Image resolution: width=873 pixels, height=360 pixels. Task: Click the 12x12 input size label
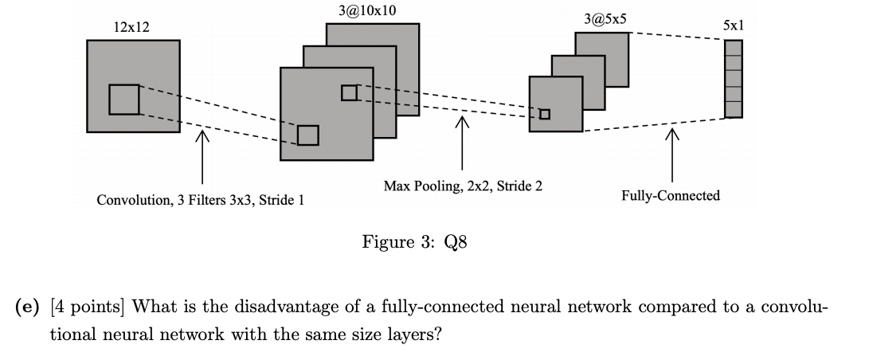click(x=131, y=27)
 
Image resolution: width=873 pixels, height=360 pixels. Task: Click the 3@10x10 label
click(x=367, y=10)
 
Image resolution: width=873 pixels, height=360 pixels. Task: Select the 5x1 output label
click(x=733, y=25)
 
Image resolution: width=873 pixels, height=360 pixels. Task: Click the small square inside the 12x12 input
click(x=123, y=100)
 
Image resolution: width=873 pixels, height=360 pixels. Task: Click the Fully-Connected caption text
click(x=671, y=195)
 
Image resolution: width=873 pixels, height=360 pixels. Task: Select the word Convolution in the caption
click(x=128, y=200)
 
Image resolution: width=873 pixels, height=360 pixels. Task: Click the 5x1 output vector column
click(x=733, y=78)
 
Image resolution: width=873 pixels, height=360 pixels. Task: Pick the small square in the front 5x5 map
click(x=545, y=114)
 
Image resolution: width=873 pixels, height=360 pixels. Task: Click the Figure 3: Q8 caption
click(x=414, y=241)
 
